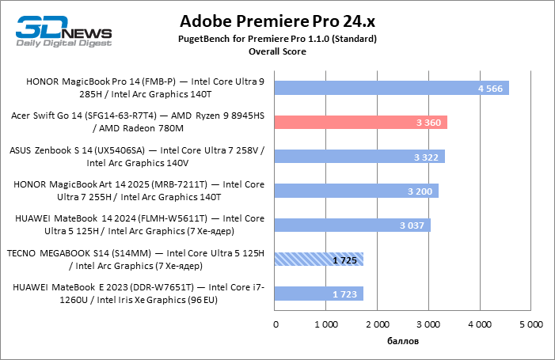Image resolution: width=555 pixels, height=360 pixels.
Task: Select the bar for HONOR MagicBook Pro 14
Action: [x=392, y=87]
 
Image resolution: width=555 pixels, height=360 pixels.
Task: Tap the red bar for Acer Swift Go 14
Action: [x=361, y=122]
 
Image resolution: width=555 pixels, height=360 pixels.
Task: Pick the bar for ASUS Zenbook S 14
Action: [x=359, y=156]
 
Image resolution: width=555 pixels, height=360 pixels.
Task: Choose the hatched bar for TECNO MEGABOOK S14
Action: [x=319, y=259]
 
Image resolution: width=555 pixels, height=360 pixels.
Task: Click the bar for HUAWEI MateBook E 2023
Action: [x=319, y=294]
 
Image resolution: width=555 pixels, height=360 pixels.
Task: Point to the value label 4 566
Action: [x=491, y=88]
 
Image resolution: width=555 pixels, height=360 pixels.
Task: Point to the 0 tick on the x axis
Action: [x=276, y=324]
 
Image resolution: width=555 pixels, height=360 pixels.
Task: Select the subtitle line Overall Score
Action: [x=277, y=51]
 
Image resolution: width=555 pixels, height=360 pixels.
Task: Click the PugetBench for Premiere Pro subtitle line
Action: [x=277, y=38]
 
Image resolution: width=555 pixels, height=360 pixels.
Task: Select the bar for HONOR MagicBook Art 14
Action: [x=356, y=191]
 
